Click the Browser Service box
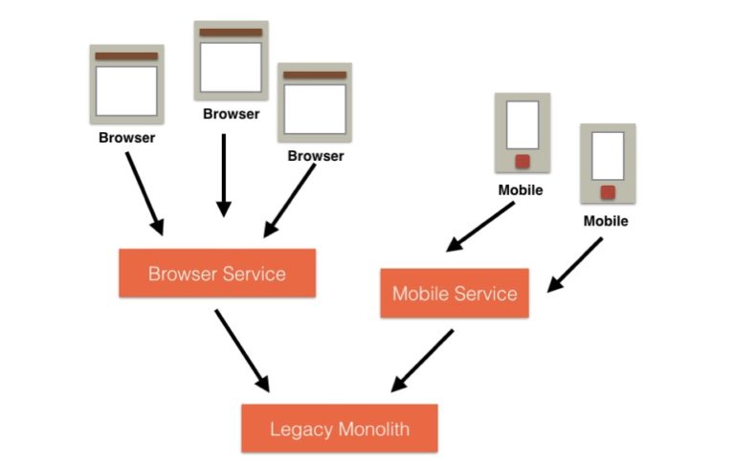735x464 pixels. pos(216,274)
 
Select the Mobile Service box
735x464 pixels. pos(455,294)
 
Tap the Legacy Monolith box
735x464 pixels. pos(339,428)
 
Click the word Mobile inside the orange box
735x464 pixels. pos(421,294)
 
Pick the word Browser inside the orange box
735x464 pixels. pos(182,274)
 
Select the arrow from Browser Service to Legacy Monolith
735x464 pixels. pos(243,349)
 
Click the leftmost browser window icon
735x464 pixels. pos(126,85)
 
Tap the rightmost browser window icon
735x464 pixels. pos(315,102)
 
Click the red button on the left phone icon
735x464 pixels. pos(523,161)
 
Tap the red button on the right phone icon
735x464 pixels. pos(608,191)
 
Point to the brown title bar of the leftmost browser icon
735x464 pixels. pos(126,56)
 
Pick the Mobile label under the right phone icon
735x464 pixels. pos(606,221)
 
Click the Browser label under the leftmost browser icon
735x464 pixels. pos(126,138)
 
